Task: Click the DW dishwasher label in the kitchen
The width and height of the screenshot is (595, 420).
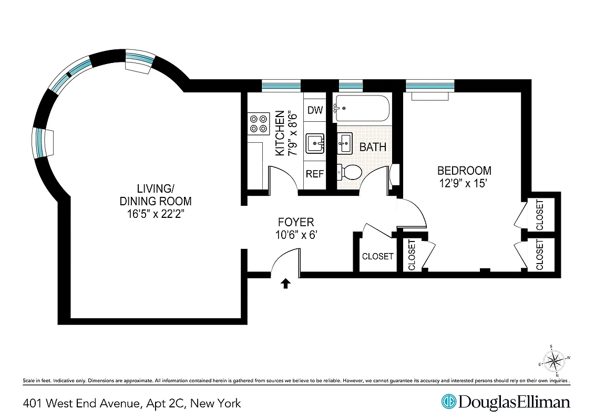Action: [314, 110]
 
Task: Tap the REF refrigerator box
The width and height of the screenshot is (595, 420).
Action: [314, 174]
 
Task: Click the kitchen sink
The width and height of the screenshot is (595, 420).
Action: [315, 142]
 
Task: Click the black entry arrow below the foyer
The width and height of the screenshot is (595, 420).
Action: [285, 283]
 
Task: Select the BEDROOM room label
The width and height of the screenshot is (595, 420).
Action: [464, 171]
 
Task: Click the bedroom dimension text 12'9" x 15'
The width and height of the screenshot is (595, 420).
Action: [464, 183]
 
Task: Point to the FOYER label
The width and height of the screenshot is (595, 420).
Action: [295, 222]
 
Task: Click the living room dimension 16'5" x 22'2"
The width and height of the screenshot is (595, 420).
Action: [155, 214]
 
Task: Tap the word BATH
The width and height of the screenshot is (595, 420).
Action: [373, 147]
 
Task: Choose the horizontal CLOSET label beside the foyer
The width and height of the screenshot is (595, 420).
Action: [377, 256]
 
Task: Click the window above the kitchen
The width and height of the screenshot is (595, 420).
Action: [281, 85]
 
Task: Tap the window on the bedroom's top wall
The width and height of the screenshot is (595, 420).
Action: [430, 85]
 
